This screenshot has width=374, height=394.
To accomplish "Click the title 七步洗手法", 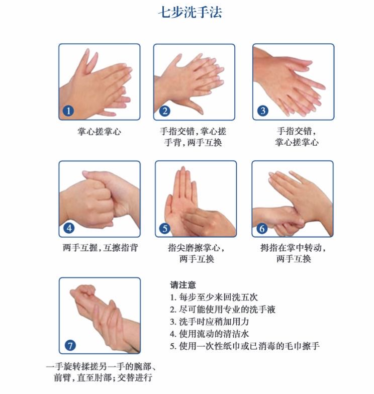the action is point(190,12).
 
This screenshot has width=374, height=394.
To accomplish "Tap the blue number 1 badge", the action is point(68,111).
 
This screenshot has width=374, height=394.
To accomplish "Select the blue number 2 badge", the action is point(165,111).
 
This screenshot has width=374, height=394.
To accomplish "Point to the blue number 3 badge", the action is point(263,111).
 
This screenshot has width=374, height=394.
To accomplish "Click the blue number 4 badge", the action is point(69,228).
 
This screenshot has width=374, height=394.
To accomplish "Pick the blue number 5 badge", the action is point(165,228).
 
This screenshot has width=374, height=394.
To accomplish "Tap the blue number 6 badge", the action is point(261,228).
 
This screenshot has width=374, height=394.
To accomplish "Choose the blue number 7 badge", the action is point(70,345).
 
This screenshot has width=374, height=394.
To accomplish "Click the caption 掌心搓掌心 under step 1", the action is point(100,132).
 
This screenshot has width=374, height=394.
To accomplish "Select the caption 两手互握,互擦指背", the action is point(101,248).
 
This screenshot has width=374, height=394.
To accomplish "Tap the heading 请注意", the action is point(183,285).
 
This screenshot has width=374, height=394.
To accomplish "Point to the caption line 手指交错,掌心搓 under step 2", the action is point(193,131).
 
